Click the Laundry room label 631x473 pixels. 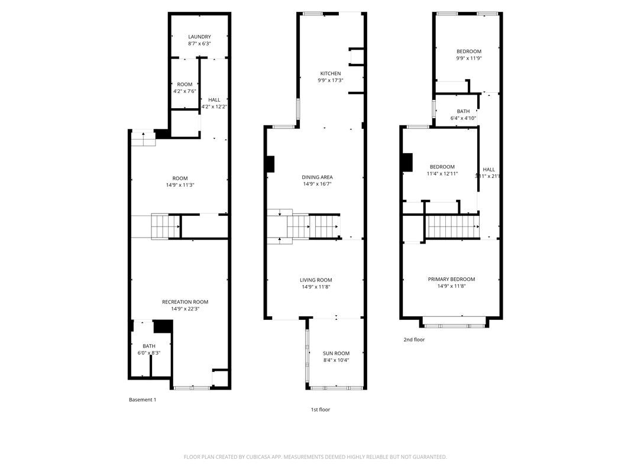[x=199, y=37]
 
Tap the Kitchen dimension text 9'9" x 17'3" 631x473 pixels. [x=331, y=80]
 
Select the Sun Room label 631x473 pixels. [x=336, y=353]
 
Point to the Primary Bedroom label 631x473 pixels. [x=451, y=279]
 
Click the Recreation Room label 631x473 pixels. [x=185, y=302]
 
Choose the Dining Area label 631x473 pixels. [x=318, y=177]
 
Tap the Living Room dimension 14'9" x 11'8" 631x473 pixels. [x=316, y=287]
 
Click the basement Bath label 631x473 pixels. [x=149, y=346]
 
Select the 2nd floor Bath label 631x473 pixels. [x=463, y=111]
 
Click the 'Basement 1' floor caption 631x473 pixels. [x=143, y=400]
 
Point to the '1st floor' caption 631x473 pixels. [x=321, y=409]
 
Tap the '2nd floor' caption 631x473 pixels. [x=414, y=339]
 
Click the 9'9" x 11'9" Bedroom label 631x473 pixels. [x=468, y=51]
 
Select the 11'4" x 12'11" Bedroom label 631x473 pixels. [x=442, y=167]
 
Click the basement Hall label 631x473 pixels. [x=214, y=100]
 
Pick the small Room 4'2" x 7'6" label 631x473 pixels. [x=185, y=85]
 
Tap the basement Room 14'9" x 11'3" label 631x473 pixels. [x=180, y=179]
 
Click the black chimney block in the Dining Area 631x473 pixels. [x=270, y=164]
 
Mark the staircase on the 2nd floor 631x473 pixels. [x=452, y=226]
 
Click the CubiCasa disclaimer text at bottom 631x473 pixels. [x=315, y=456]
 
